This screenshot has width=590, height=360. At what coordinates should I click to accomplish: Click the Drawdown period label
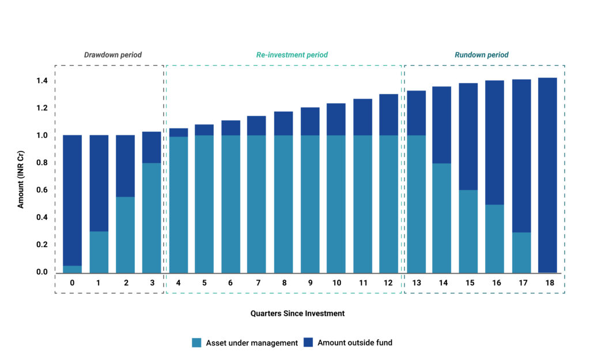coord(113,55)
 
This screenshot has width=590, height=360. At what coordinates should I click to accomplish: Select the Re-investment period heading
coord(292,55)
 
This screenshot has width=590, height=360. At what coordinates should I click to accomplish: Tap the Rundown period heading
coord(481,55)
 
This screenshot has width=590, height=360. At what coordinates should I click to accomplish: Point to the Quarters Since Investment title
coord(297,313)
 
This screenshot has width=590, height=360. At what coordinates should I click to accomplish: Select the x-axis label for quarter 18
coord(547,283)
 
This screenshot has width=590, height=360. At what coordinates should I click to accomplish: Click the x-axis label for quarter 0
coord(72,283)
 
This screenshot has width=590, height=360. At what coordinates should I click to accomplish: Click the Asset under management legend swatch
coord(196,343)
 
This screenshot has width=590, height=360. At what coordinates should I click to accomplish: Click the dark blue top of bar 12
coord(389,115)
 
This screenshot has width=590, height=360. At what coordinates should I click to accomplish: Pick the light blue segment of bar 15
coord(468,231)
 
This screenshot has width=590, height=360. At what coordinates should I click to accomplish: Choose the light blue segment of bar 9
coord(309,204)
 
